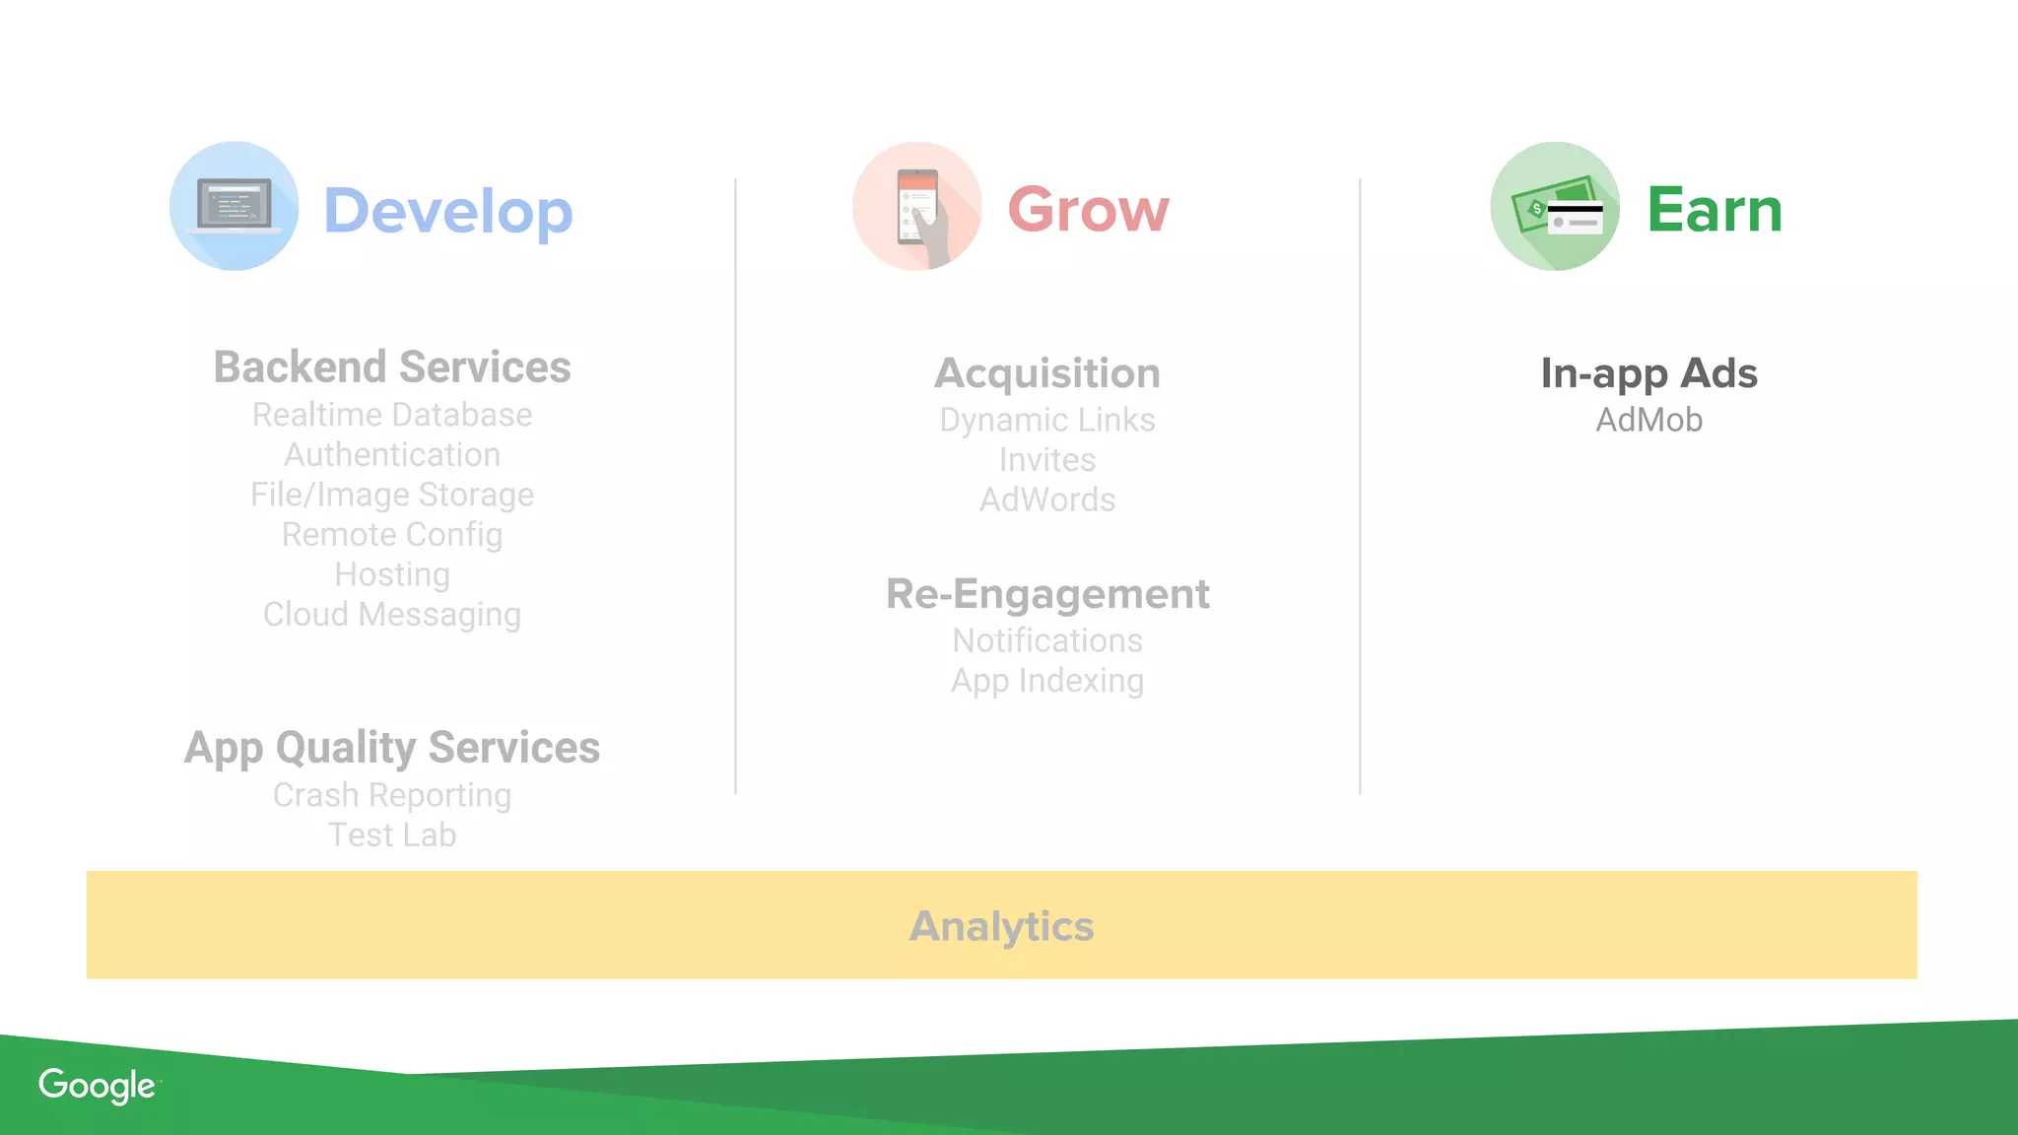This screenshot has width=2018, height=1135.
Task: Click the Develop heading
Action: tap(447, 211)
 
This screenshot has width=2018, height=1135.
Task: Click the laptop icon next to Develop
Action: tap(235, 206)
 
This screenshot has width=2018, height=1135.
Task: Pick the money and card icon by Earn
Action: tap(1555, 206)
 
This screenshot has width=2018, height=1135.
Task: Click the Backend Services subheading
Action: tap(392, 367)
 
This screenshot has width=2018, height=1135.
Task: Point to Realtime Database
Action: tap(392, 415)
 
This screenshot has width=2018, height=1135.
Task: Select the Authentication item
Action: tap(392, 455)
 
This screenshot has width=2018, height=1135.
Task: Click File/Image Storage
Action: tap(392, 495)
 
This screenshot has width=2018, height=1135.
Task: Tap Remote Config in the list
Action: tap(392, 535)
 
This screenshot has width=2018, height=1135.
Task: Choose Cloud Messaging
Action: tap(392, 615)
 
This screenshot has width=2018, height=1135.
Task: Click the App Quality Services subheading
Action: tap(392, 748)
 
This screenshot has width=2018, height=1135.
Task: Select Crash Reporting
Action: tap(392, 795)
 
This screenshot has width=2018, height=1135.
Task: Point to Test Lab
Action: tap(392, 835)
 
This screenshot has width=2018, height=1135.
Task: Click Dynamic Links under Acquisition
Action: tap(1047, 421)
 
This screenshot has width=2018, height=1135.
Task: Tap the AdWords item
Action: tap(1047, 501)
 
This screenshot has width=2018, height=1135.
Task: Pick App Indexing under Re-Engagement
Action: tap(1047, 681)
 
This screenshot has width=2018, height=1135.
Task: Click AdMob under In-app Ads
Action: tap(1648, 421)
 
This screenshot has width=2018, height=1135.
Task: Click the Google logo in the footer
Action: tap(98, 1086)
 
